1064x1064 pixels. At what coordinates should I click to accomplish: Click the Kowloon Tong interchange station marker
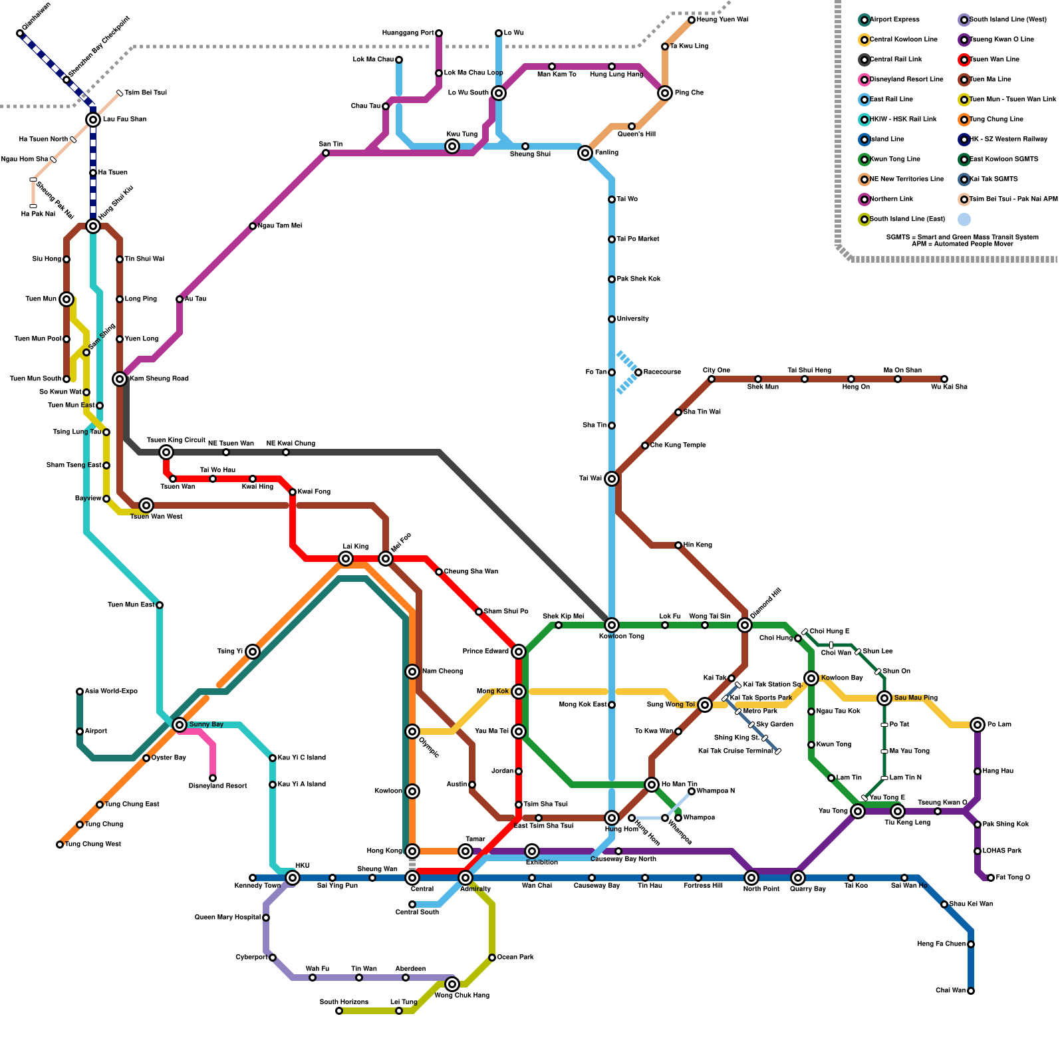click(x=612, y=625)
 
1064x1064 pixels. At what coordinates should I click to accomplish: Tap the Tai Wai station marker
click(x=612, y=479)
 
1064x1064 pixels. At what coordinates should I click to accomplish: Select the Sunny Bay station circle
click(x=180, y=725)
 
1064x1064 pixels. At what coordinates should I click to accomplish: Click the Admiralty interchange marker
click(x=465, y=878)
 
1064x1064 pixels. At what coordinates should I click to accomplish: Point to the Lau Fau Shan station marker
click(x=93, y=120)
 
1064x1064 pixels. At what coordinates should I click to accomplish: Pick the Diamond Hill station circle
click(x=745, y=625)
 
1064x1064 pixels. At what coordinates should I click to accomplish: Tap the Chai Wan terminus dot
click(x=971, y=991)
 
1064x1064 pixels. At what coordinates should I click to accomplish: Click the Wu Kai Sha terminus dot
click(x=944, y=379)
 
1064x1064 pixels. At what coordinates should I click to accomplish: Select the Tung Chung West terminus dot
click(x=60, y=845)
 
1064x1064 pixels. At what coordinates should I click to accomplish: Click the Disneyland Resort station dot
click(x=213, y=778)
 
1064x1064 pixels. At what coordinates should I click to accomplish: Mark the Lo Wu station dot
click(x=499, y=33)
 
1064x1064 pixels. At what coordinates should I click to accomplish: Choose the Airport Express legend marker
click(x=864, y=20)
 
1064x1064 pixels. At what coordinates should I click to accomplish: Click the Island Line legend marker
click(x=864, y=140)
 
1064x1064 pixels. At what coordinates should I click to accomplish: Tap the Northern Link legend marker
click(x=864, y=199)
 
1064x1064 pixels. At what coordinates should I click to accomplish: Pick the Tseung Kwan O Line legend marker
click(x=964, y=40)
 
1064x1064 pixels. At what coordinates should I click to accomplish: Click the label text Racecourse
click(x=662, y=372)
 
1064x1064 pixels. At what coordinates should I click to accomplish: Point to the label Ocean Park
click(x=515, y=958)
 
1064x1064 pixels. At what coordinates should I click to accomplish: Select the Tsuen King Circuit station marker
click(x=166, y=452)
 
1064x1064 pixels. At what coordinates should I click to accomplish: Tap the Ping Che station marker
click(x=665, y=93)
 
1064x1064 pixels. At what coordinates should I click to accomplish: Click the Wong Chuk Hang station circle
click(x=452, y=984)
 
